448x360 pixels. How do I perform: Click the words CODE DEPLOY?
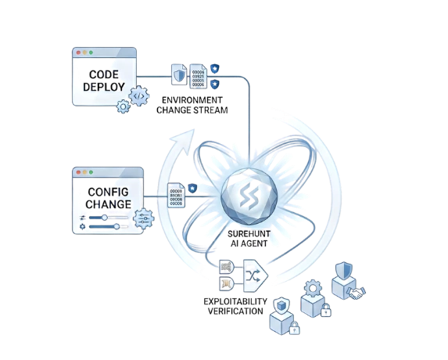pyautogui.click(x=104, y=81)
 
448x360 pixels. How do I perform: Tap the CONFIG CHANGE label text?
pyautogui.click(x=108, y=198)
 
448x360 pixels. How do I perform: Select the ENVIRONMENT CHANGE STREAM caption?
pyautogui.click(x=192, y=105)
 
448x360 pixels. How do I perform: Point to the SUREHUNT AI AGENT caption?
pyautogui.click(x=249, y=239)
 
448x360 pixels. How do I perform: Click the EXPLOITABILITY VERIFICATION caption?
pyautogui.click(x=235, y=306)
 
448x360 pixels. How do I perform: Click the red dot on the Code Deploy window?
pyautogui.click(x=78, y=52)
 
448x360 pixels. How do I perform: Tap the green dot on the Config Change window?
pyautogui.click(x=91, y=172)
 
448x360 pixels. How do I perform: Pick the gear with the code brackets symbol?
pyautogui.click(x=139, y=96)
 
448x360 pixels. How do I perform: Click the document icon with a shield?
pyautogui.click(x=179, y=74)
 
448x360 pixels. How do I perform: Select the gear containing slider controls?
pyautogui.click(x=144, y=219)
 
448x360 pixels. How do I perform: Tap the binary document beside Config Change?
pyautogui.click(x=176, y=195)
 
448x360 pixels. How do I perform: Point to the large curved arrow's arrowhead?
pyautogui.click(x=185, y=141)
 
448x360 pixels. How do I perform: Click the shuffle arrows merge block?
pyautogui.click(x=255, y=275)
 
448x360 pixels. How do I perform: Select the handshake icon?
pyautogui.click(x=357, y=293)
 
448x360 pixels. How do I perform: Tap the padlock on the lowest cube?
pyautogui.click(x=295, y=328)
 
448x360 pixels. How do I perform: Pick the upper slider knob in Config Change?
pyautogui.click(x=105, y=218)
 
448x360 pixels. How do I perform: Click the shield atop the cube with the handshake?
pyautogui.click(x=344, y=271)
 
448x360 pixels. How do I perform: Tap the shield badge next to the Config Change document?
pyautogui.click(x=192, y=188)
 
